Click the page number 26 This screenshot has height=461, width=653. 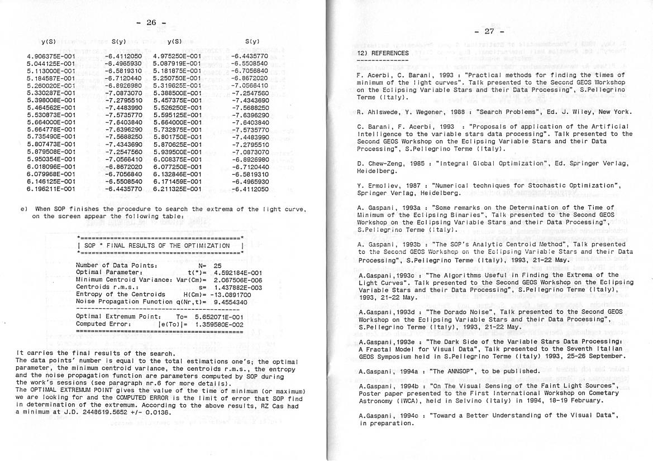click(x=151, y=23)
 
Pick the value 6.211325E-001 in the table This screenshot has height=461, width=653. click(x=177, y=189)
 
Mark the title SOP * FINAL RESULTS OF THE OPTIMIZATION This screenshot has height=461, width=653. click(x=157, y=246)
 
